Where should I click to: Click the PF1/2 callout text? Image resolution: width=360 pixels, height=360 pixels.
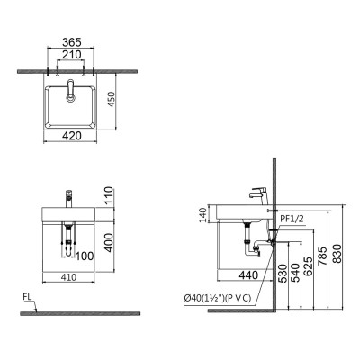click(x=293, y=217)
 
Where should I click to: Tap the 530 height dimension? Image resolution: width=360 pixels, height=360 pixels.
click(x=282, y=273)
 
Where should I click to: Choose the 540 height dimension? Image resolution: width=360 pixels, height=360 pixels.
click(x=296, y=273)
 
